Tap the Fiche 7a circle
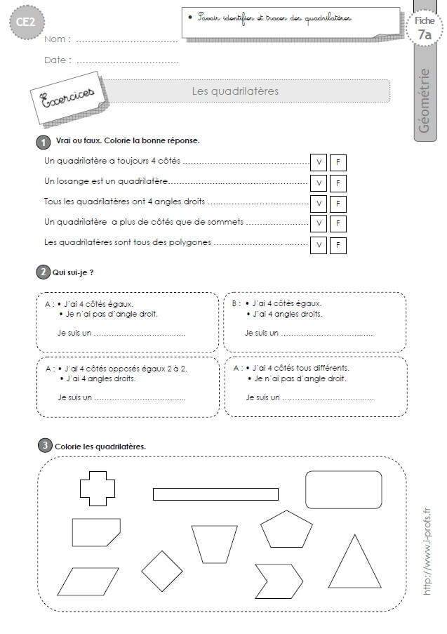pos(424,28)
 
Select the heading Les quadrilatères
pos(235,91)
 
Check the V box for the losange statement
pos(319,183)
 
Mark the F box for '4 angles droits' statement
pos(338,204)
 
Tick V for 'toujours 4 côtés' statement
pos(319,163)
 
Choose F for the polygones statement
pos(338,245)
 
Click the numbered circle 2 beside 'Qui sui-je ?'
pos(44,272)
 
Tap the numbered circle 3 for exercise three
pos(44,445)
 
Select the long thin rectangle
pos(215,494)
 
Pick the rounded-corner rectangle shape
pos(343,489)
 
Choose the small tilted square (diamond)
pos(162,570)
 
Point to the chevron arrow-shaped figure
pos(278,581)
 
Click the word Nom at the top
pos(57,39)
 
